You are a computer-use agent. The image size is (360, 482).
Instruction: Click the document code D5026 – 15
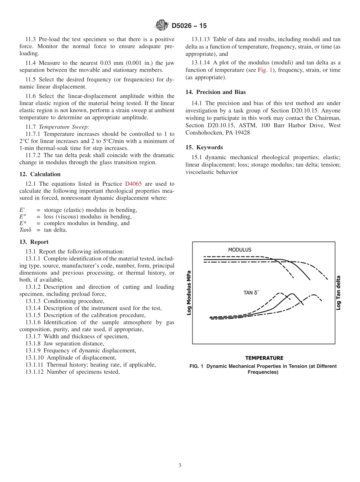tap(189, 26)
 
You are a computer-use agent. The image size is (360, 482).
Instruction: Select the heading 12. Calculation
tap(40, 174)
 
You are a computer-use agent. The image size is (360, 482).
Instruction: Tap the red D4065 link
tap(133, 184)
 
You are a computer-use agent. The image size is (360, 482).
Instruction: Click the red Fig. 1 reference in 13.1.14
tap(265, 70)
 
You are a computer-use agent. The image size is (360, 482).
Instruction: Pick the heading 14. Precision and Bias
tap(215, 92)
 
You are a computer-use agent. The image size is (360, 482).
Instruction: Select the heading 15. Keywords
tap(204, 147)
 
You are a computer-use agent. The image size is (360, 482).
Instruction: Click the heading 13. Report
tap(34, 242)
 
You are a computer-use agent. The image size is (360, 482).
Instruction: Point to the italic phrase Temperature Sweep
tap(64, 127)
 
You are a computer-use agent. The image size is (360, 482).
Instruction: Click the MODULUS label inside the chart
tap(239, 250)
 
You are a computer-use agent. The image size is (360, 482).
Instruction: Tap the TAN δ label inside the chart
tap(251, 293)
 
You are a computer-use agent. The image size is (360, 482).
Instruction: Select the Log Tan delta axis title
tap(338, 293)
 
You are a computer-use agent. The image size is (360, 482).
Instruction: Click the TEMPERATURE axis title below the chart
tap(264, 358)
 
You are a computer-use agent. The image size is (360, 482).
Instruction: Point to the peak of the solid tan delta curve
tap(292, 294)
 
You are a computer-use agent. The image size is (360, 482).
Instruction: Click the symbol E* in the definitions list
tap(23, 223)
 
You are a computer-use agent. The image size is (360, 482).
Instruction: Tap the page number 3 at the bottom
tap(180, 465)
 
